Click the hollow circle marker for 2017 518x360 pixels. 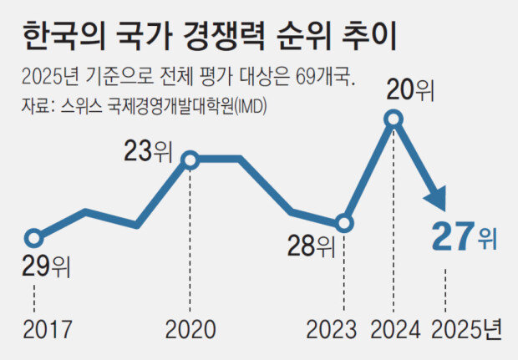(x=33, y=237)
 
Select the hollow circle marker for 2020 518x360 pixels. (x=190, y=159)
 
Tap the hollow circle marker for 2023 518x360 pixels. (x=344, y=223)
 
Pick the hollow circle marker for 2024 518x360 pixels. (x=394, y=121)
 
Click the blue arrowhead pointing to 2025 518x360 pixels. (x=439, y=203)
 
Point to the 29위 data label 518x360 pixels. (x=46, y=267)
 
